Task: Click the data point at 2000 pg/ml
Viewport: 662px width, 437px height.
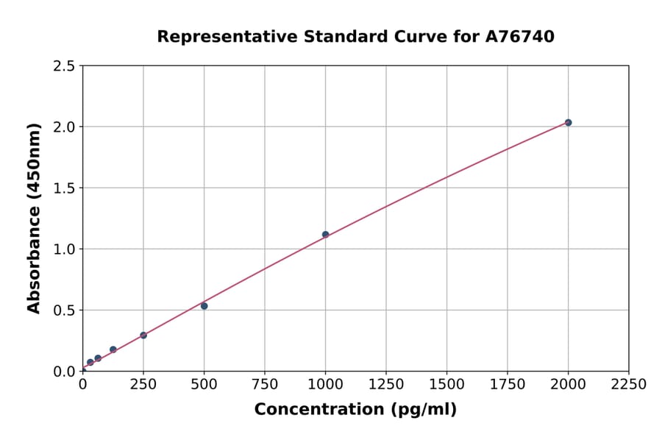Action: (568, 122)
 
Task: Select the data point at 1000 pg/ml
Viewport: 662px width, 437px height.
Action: (325, 235)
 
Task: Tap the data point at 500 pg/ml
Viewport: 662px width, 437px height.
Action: (204, 306)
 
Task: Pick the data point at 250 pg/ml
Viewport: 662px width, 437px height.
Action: (143, 335)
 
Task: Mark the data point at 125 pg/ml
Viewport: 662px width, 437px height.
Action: (113, 349)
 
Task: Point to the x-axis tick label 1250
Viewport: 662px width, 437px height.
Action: (386, 385)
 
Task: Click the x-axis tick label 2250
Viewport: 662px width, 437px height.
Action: (629, 385)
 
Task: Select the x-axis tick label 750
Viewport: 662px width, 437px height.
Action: (265, 385)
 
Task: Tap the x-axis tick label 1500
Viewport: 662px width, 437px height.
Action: (446, 385)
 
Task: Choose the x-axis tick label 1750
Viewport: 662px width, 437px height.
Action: (508, 385)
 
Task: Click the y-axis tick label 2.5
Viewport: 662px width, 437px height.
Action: (64, 66)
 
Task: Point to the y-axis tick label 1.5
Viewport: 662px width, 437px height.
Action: (64, 188)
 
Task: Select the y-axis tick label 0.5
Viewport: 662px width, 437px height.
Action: (64, 310)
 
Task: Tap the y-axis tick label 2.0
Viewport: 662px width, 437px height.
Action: (64, 127)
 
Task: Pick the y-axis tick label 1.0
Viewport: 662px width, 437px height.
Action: (64, 249)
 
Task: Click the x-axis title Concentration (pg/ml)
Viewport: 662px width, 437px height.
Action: (355, 410)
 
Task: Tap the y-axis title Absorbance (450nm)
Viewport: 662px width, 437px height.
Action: (34, 218)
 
